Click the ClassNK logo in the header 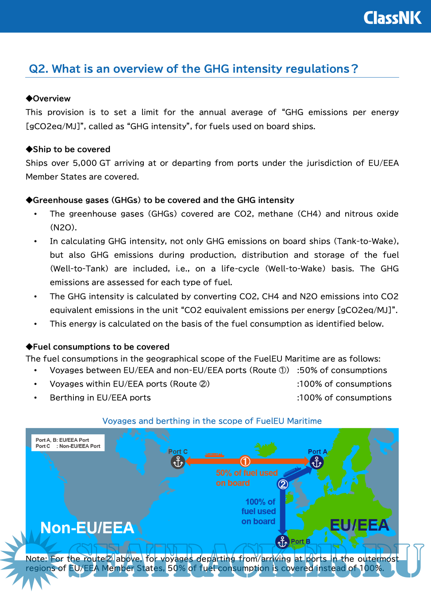(x=392, y=18)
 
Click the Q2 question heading (x=193, y=69)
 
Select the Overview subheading (x=48, y=99)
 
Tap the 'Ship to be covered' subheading (x=68, y=149)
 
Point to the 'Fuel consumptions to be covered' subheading (x=98, y=347)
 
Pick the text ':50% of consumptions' (x=342, y=370)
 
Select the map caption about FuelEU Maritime (x=212, y=421)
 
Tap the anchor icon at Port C (x=178, y=462)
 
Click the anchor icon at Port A (x=316, y=462)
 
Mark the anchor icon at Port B (x=282, y=541)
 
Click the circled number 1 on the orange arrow (x=245, y=461)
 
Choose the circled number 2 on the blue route (x=283, y=484)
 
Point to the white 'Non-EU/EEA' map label (x=87, y=528)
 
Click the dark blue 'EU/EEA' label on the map (x=359, y=525)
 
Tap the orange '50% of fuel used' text (x=246, y=473)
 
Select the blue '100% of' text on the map (x=260, y=502)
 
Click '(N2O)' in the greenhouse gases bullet (x=63, y=228)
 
